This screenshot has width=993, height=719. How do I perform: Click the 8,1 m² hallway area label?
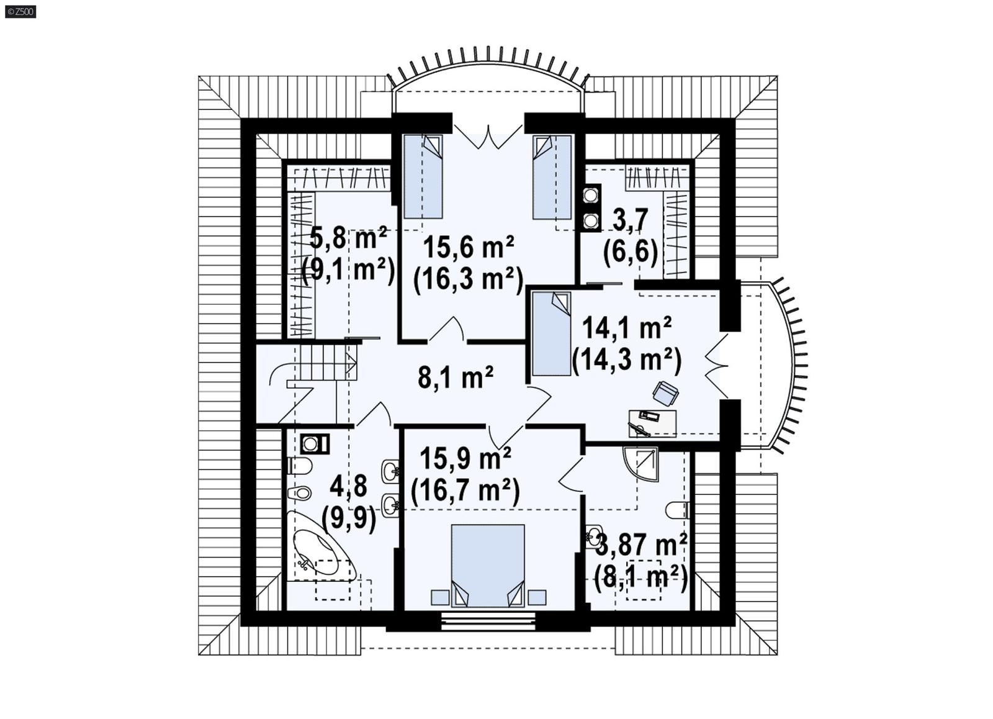456,376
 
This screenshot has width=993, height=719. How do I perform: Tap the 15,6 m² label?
468,246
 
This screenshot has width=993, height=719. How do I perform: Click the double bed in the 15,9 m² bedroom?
488,565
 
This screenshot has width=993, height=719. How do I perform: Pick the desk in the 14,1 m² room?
652,422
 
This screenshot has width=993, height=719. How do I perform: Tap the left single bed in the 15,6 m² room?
423,176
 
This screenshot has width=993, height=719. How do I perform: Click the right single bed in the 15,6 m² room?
552,177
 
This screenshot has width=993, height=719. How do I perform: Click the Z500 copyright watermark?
20,11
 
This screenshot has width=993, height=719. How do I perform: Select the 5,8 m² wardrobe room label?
348,237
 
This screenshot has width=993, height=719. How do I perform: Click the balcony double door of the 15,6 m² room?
488,135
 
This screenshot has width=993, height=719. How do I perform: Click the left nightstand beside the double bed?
439,597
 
